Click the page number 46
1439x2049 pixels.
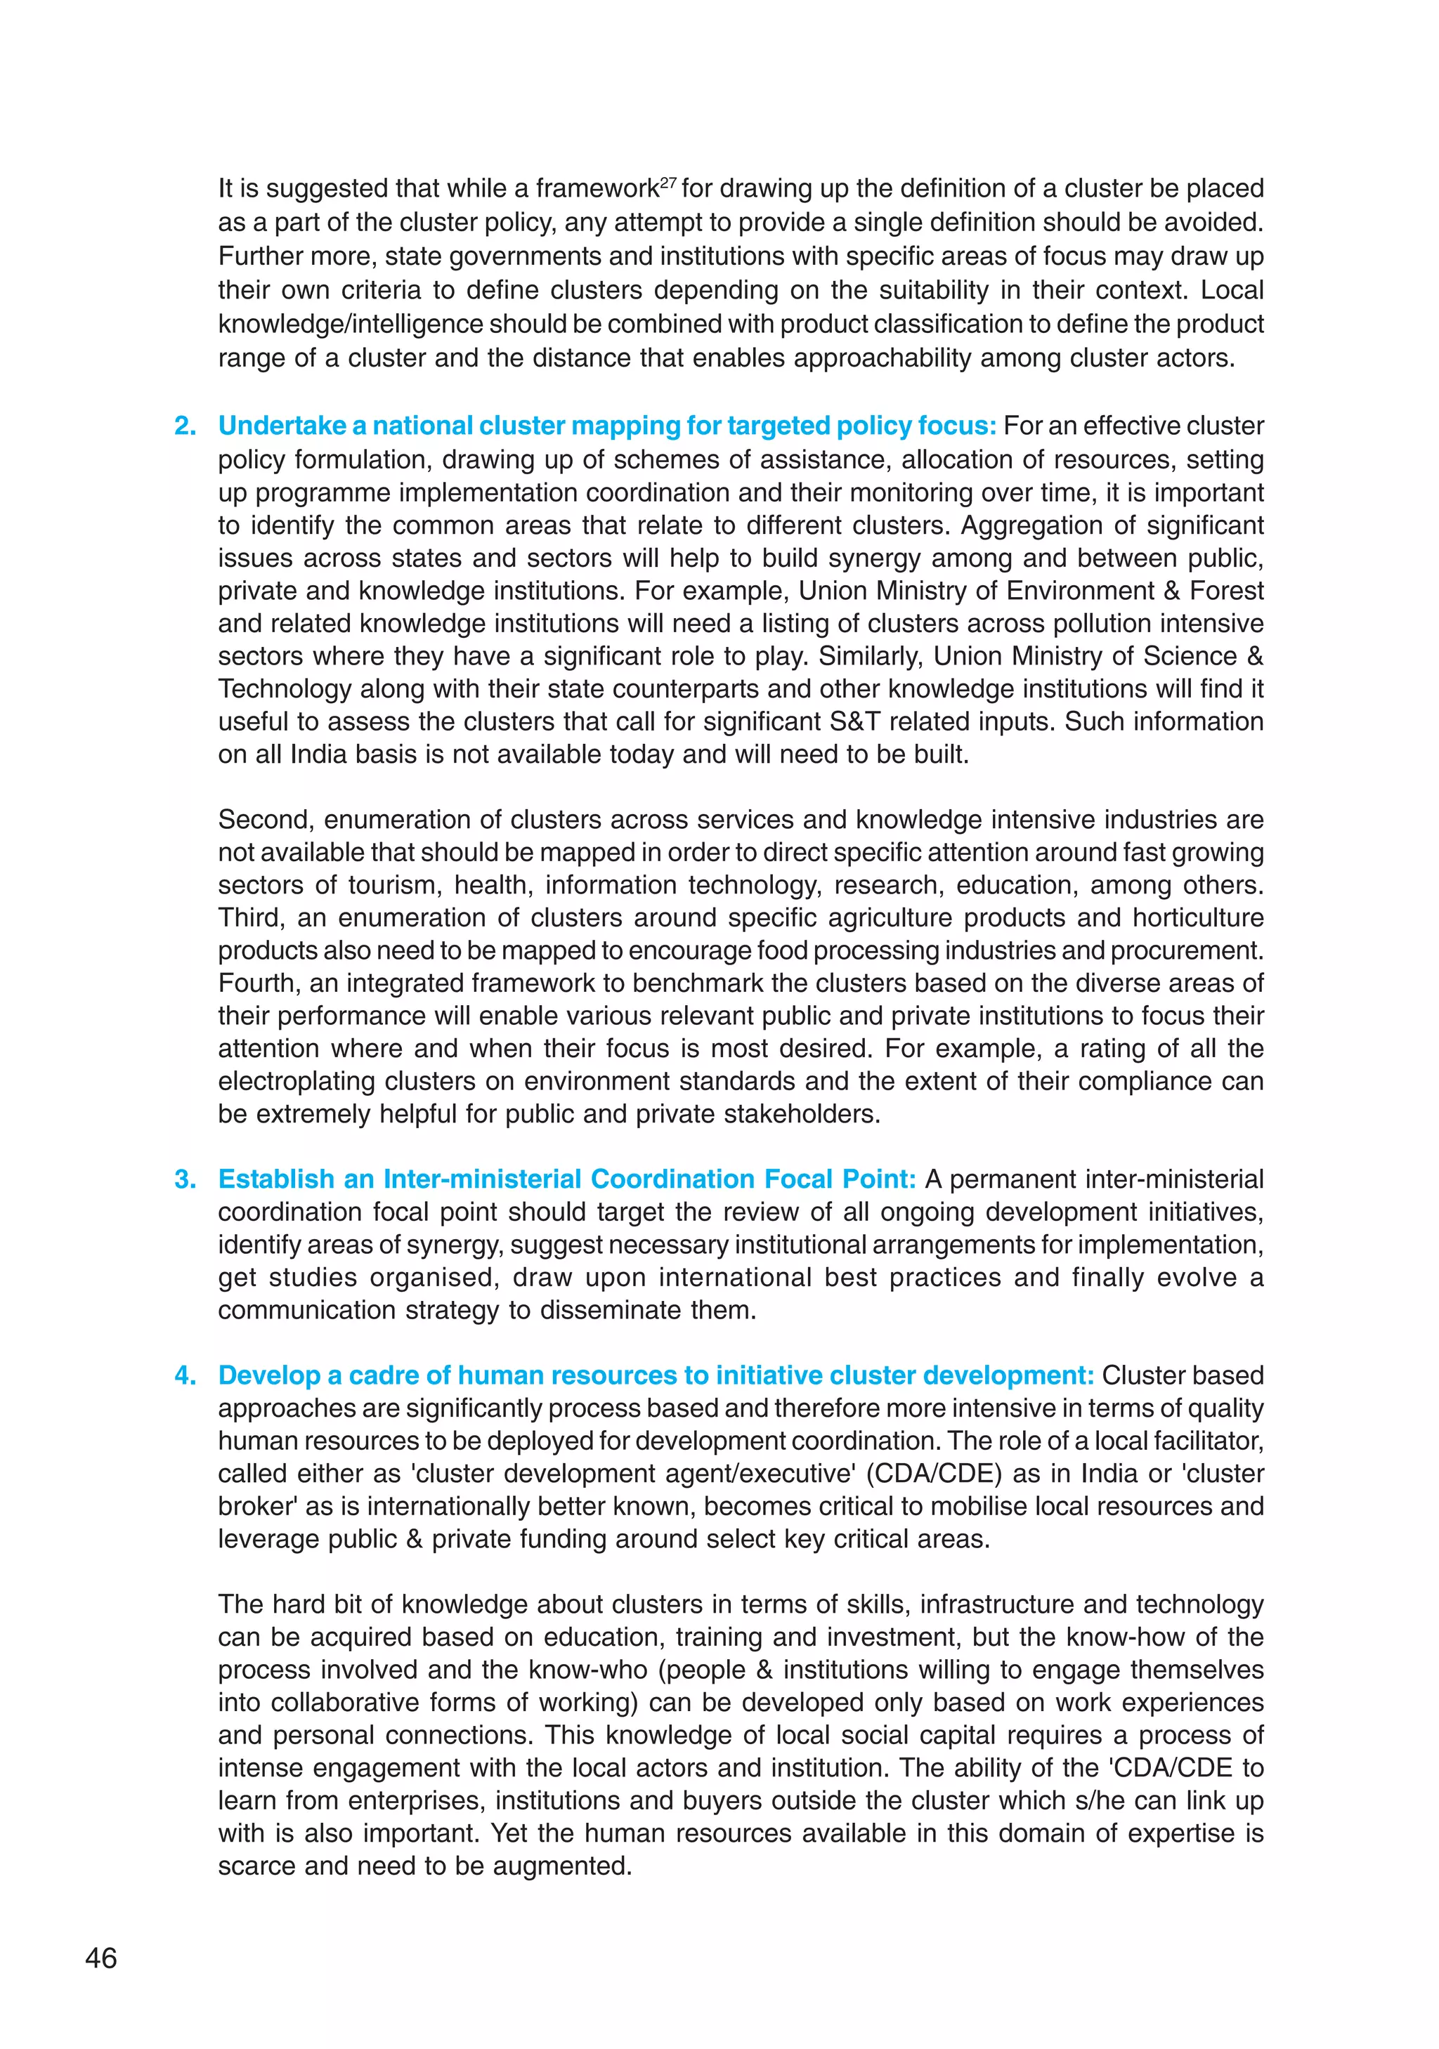tap(101, 1958)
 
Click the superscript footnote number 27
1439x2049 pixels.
tap(668, 181)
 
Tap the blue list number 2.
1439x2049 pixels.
tap(185, 426)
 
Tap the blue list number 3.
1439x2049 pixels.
tap(185, 1179)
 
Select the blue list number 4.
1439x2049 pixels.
tap(185, 1375)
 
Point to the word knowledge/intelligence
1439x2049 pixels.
tap(350, 324)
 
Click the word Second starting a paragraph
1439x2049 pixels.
tap(263, 819)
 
